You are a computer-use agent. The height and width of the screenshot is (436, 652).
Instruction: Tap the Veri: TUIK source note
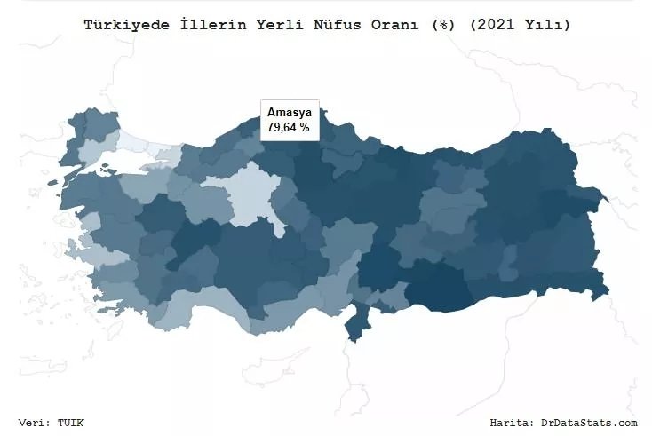(x=52, y=423)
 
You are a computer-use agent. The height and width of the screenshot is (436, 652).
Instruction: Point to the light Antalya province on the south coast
(x=200, y=306)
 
